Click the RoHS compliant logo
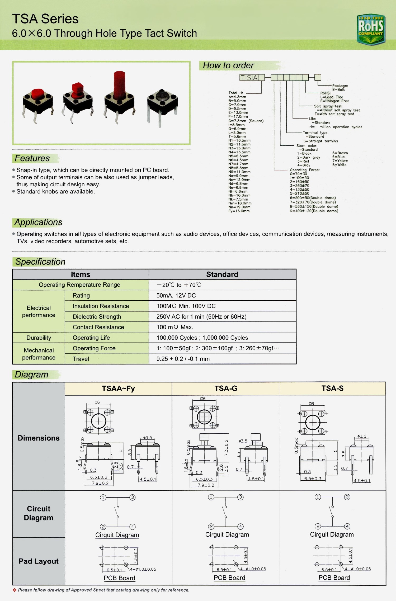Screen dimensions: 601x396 pyautogui.click(x=371, y=29)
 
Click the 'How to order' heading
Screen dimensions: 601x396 pyautogui.click(x=228, y=65)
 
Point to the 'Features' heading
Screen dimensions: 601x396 pyautogui.click(x=32, y=158)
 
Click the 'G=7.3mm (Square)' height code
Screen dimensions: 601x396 pyautogui.click(x=246, y=121)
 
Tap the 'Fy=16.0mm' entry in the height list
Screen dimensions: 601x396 pyautogui.click(x=239, y=211)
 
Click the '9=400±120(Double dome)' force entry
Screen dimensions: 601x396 pyautogui.click(x=314, y=211)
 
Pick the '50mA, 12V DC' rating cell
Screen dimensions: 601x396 pyautogui.click(x=176, y=295)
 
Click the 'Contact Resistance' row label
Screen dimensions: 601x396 pyautogui.click(x=98, y=327)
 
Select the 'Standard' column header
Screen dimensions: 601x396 pyautogui.click(x=222, y=275)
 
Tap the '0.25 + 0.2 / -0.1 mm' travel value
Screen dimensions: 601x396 pyautogui.click(x=183, y=359)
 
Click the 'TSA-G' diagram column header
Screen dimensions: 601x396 pyautogui.click(x=226, y=388)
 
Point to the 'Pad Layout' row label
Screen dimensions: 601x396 pyautogui.click(x=39, y=561)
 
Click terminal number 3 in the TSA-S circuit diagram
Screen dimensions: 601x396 pyautogui.click(x=347, y=497)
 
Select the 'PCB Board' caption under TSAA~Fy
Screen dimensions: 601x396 pyautogui.click(x=119, y=578)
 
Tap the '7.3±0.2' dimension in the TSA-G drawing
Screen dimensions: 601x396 pyautogui.click(x=226, y=448)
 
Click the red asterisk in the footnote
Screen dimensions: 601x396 pyautogui.click(x=15, y=590)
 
